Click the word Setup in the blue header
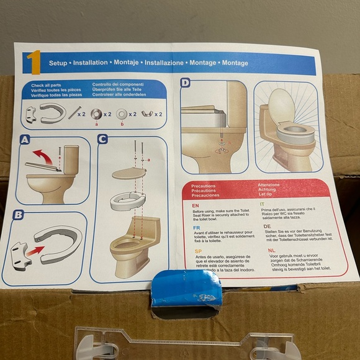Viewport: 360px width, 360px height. click(58, 63)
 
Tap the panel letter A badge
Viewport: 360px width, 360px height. click(24, 142)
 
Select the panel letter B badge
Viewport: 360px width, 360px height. click(19, 216)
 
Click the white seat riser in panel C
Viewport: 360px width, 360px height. click(128, 201)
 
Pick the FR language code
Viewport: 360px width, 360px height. click(196, 228)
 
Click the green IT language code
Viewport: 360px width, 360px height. click(261, 204)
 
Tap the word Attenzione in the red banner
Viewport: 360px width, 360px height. click(273, 184)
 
